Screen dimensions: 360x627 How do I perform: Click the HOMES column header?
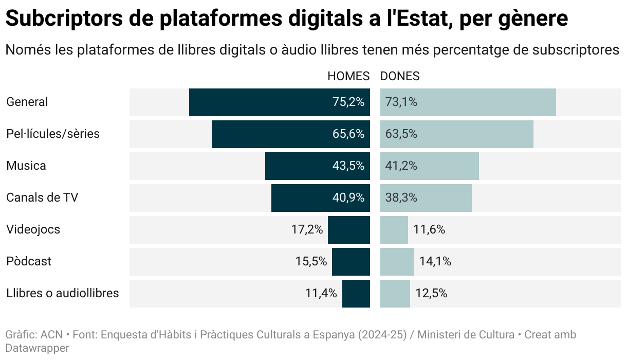click(348, 76)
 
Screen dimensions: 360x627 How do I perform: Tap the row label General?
click(27, 102)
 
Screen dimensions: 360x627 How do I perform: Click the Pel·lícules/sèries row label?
click(53, 134)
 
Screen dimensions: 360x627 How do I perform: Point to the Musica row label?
click(26, 166)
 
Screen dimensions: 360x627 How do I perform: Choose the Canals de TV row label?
click(42, 197)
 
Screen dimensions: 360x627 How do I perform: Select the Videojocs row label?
click(33, 229)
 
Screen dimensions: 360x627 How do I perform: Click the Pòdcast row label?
click(29, 261)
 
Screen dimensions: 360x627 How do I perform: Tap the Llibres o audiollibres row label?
click(63, 293)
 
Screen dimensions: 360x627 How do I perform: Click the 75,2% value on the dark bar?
click(348, 102)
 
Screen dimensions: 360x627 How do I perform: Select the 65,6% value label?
click(348, 134)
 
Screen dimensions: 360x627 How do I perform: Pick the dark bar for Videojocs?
click(349, 229)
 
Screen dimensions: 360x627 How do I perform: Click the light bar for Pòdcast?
click(397, 261)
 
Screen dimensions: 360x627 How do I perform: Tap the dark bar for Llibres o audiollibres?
click(356, 293)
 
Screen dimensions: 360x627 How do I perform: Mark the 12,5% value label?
click(431, 293)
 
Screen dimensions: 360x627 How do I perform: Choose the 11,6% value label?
click(429, 229)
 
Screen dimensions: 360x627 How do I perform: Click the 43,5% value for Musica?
click(348, 166)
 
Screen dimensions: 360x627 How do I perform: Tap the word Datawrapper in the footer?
click(37, 348)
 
